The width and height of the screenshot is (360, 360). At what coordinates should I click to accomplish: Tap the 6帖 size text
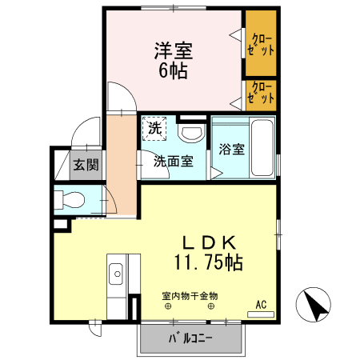tap(172, 71)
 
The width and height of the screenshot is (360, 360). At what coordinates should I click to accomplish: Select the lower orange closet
tap(261, 94)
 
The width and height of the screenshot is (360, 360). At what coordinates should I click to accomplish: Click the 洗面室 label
tap(173, 161)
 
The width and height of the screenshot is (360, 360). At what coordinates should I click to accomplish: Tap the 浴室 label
tap(231, 150)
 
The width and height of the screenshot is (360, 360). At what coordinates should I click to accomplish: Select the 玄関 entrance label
tap(87, 166)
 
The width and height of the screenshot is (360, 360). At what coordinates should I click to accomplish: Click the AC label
tap(260, 304)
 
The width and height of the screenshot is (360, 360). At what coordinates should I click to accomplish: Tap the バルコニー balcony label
tap(190, 337)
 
